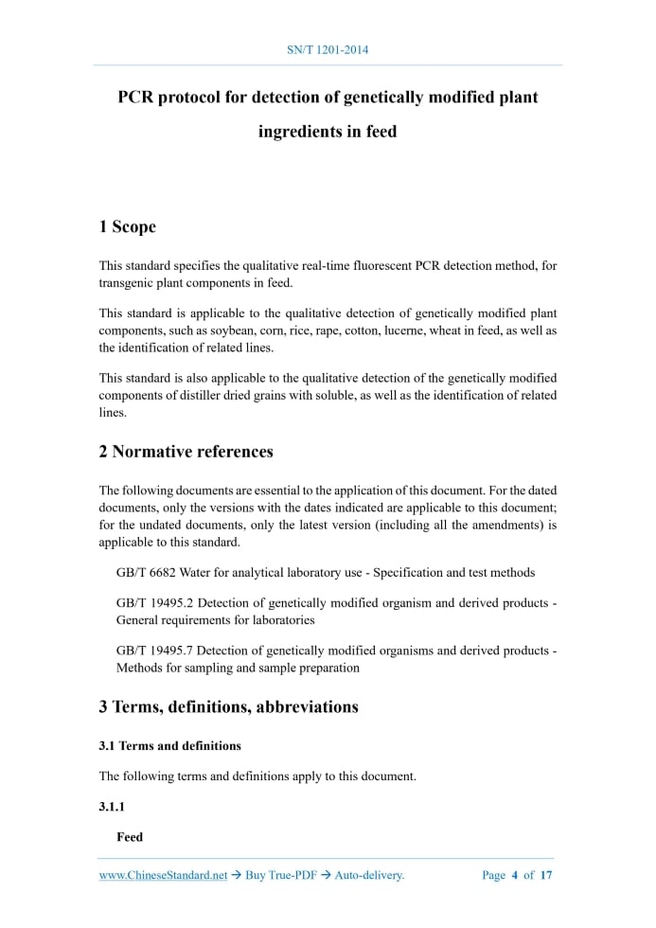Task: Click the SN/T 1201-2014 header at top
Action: pos(328,48)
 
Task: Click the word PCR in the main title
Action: pos(134,98)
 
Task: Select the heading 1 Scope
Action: pos(127,227)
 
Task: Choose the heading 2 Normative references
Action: pos(186,452)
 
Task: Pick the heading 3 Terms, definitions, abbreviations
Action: pos(228,706)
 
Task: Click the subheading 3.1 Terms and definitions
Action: pos(169,745)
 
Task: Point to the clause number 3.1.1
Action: pos(112,807)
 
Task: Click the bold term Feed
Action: pos(130,837)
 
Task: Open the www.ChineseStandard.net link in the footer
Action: pos(163,875)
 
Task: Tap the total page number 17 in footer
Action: pos(546,875)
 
